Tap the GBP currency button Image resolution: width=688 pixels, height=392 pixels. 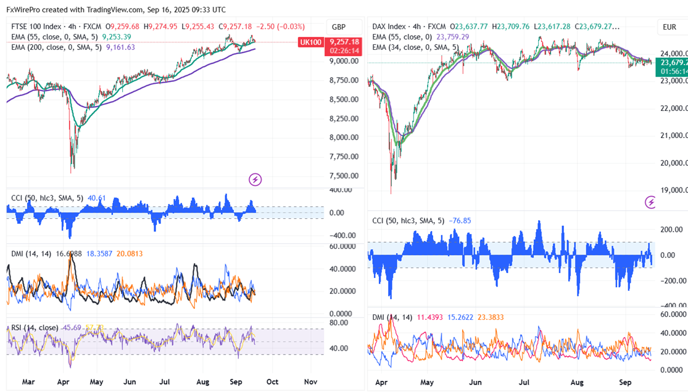tap(339, 27)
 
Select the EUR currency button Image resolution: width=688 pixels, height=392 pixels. tap(669, 27)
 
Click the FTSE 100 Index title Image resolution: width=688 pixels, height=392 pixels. tap(38, 27)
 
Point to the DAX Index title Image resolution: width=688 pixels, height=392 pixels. tap(389, 27)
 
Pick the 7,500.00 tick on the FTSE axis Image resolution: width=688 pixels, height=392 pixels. tap(343, 176)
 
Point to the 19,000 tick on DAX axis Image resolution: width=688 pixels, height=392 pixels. tap(673, 190)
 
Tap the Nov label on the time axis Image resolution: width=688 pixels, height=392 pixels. tap(310, 382)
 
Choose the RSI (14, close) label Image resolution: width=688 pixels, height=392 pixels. tap(35, 327)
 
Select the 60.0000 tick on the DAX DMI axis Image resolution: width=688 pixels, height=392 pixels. tap(673, 314)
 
